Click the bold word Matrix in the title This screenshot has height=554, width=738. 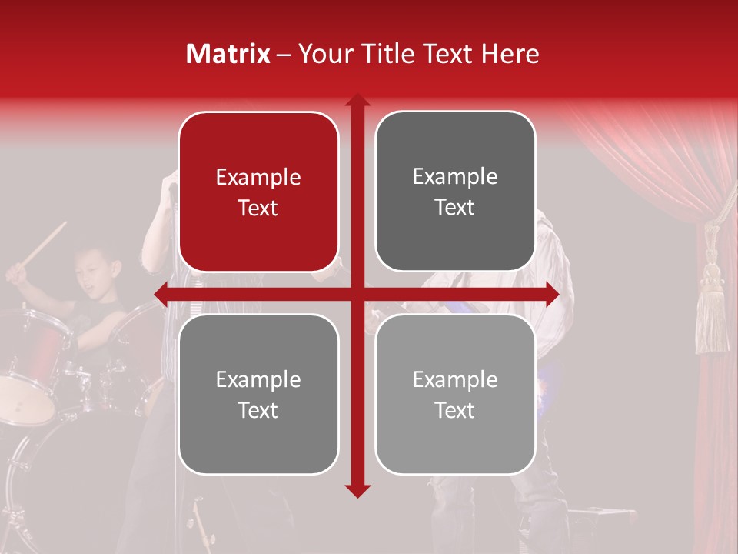228,54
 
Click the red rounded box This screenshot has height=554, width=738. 258,192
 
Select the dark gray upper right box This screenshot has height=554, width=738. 455,192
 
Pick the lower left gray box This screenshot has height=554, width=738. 258,394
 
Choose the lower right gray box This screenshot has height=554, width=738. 455,394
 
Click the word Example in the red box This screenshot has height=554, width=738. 258,178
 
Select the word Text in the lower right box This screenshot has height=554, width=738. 455,410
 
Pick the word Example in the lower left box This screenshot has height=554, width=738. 258,379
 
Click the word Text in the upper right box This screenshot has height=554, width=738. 455,207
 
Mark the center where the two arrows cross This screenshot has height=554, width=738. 357,293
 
